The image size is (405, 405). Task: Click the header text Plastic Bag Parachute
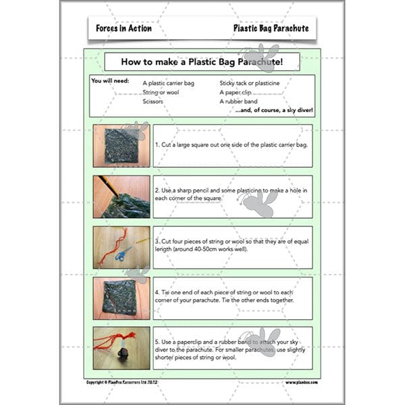click(x=271, y=28)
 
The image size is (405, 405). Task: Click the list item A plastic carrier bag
click(x=168, y=82)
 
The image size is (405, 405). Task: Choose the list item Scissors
click(x=153, y=101)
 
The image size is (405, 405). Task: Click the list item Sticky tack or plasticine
click(x=250, y=82)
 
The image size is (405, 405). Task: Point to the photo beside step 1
click(x=122, y=145)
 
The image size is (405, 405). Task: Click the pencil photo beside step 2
click(x=122, y=196)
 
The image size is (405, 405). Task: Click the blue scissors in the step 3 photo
click(x=124, y=254)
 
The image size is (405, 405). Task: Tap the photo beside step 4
click(x=122, y=298)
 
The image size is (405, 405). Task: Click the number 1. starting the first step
click(x=157, y=145)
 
